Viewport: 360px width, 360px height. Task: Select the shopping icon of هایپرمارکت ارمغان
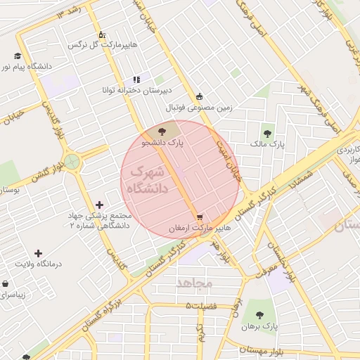(x=200, y=217)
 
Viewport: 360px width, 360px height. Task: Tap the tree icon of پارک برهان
(x=259, y=315)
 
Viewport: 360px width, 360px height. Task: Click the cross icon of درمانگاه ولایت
(x=38, y=252)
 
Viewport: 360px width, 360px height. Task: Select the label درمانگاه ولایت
(x=39, y=264)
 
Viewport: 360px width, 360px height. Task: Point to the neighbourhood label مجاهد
(x=195, y=283)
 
